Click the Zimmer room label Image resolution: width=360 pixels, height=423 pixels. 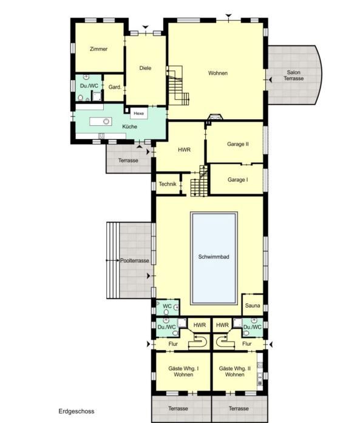coord(98,49)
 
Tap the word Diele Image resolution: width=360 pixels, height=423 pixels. coord(145,68)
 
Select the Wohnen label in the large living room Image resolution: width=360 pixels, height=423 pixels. coord(218,73)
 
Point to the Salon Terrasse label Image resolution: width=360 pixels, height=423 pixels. coord(293,75)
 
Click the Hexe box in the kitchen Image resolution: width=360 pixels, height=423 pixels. coord(139,113)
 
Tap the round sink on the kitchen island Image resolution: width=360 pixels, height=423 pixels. coord(106,122)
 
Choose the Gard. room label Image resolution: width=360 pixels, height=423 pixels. coord(115,87)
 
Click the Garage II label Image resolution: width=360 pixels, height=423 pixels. coord(237,144)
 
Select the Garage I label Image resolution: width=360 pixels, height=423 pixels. coord(237,180)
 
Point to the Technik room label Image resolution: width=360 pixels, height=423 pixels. coord(168,184)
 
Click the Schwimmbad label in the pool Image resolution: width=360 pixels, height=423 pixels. coord(214,257)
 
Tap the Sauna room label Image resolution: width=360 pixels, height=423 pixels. coord(253,306)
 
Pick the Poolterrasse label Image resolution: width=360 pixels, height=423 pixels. coord(134,261)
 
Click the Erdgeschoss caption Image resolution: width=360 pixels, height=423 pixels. coord(76,411)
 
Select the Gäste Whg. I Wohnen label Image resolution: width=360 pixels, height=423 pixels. coord(183,371)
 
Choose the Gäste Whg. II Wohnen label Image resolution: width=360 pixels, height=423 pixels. coord(235,371)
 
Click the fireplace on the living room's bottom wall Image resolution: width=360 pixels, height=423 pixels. coord(216,117)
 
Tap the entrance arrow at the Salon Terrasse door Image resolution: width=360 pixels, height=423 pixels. coord(270,80)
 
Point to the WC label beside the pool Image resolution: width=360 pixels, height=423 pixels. coord(167,306)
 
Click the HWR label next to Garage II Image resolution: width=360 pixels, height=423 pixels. coord(185,150)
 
